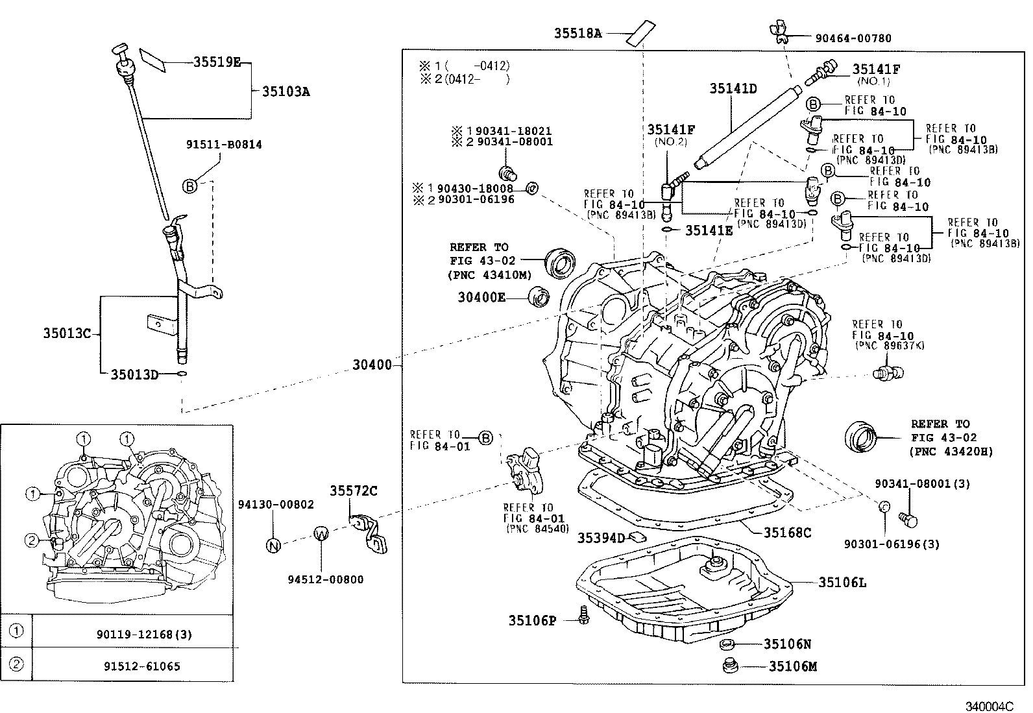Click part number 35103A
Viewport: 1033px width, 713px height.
point(286,91)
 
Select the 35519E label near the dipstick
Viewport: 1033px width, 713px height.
point(217,62)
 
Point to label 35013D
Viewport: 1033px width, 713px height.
point(134,374)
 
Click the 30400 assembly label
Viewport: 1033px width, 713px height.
point(372,365)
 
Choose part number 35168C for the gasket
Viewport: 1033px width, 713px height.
point(787,533)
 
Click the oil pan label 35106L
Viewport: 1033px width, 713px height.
point(842,583)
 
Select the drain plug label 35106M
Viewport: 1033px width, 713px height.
point(793,666)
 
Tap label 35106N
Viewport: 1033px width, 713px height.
point(787,644)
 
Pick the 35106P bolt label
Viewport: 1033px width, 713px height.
point(532,621)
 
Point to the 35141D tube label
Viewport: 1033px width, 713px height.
point(733,89)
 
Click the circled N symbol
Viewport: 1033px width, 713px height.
point(273,546)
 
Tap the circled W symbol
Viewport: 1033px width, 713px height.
point(322,533)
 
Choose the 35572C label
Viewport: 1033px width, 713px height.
point(353,491)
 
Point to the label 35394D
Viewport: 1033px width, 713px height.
point(601,538)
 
